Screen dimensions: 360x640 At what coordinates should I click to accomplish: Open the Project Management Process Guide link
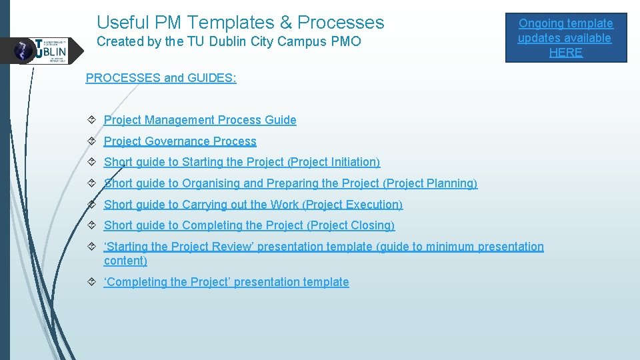click(x=200, y=120)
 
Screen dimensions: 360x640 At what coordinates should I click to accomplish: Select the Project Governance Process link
click(x=180, y=141)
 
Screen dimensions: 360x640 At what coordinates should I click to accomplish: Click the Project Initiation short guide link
click(x=242, y=162)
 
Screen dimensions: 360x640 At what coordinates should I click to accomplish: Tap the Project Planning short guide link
click(x=291, y=183)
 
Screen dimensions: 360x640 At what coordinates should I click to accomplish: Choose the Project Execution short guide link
click(x=253, y=205)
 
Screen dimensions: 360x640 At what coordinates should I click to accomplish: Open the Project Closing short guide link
click(x=249, y=225)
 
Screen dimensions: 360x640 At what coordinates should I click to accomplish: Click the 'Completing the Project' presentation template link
click(x=227, y=282)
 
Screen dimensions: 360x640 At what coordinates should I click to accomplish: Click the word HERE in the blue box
click(x=565, y=53)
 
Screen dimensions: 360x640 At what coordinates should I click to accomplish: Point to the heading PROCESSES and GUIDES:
click(x=161, y=78)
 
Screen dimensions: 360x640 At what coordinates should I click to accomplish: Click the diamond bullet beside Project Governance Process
click(x=91, y=141)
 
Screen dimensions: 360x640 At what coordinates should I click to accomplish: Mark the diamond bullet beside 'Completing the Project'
click(x=91, y=282)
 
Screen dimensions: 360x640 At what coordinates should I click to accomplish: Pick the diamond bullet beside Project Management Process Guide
click(x=91, y=120)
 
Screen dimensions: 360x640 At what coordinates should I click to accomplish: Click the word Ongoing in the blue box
click(x=541, y=24)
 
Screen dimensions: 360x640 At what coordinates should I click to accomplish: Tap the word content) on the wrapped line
click(x=125, y=261)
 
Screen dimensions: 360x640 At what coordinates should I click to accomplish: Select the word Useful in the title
click(x=123, y=23)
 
